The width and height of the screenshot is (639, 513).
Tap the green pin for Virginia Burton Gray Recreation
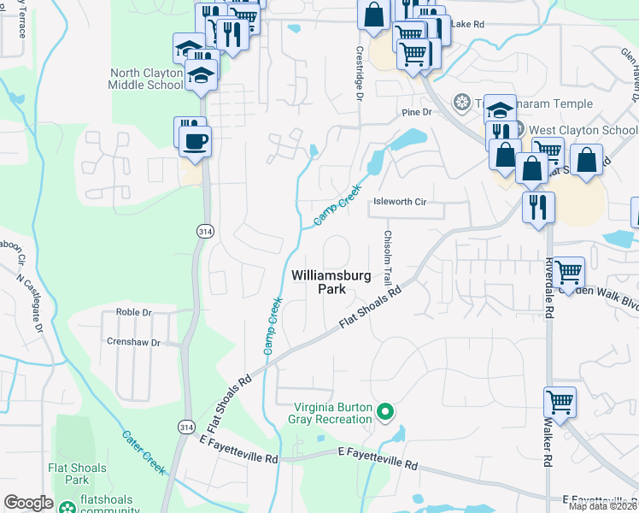385,413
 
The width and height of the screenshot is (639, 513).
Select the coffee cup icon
196,140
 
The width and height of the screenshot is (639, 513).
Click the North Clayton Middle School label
145,79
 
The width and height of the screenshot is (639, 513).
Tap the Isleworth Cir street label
400,202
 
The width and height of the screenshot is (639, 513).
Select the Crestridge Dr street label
360,72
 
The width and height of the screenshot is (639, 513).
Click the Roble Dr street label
133,313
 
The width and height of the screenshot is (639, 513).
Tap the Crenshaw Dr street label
132,342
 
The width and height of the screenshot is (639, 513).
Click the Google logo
28,503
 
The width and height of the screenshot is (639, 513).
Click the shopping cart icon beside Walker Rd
560,401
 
